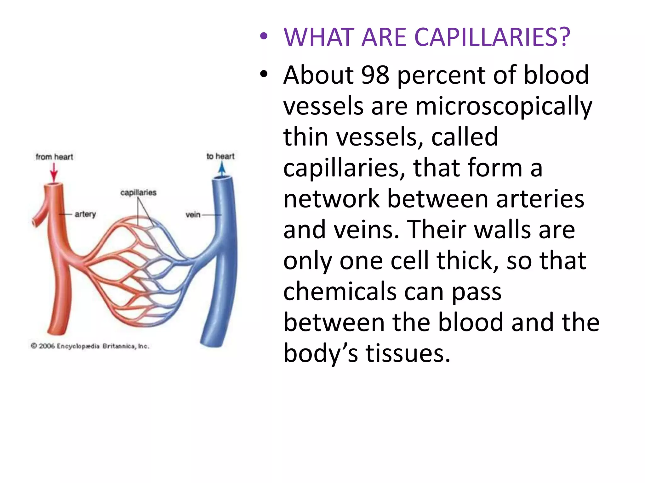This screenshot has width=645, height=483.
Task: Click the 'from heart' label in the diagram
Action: (54, 157)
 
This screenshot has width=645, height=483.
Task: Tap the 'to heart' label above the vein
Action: (220, 156)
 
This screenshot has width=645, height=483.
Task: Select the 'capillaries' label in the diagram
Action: (138, 192)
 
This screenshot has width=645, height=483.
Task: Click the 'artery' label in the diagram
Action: (85, 214)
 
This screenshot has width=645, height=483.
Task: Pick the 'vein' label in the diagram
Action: (193, 215)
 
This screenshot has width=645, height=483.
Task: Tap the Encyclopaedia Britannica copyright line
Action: (90, 346)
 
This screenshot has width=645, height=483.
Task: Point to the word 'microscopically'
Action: (504, 106)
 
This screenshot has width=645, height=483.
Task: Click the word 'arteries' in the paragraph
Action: (540, 199)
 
